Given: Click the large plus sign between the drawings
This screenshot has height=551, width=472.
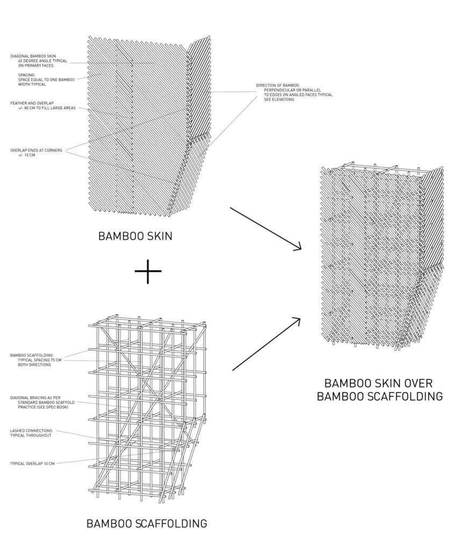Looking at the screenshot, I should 148,272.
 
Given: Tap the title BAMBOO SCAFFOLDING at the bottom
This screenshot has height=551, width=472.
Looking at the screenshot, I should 147,523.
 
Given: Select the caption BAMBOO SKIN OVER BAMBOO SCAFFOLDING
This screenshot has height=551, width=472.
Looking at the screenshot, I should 380,390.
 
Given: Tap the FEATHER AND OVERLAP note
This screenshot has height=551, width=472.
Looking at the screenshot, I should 32,102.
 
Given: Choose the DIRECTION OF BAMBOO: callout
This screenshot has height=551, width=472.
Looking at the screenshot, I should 280,86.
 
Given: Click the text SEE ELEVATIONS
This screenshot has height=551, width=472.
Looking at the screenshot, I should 279,100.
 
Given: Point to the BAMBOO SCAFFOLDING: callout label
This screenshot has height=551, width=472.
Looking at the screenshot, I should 31,355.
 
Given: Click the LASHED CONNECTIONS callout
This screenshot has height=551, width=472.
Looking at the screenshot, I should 32,430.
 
